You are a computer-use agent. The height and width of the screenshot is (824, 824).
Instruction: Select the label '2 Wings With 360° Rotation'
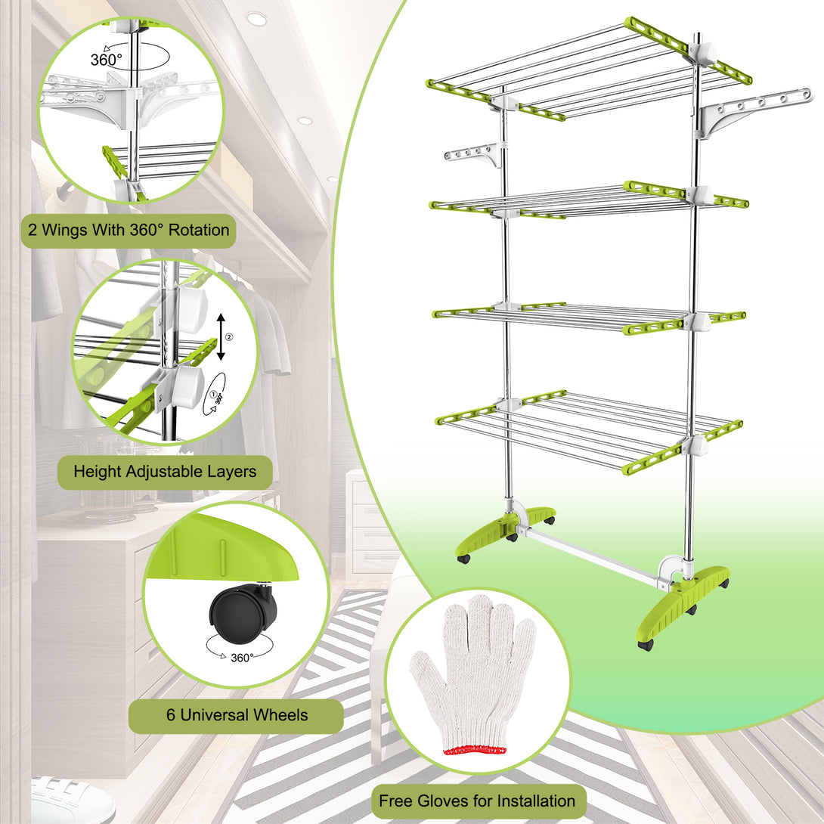click(129, 230)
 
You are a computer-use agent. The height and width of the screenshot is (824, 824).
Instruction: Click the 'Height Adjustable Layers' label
click(165, 472)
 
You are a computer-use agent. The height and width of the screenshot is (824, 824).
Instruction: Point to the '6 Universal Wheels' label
click(237, 715)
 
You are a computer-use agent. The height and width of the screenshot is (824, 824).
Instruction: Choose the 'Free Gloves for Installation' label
click(477, 801)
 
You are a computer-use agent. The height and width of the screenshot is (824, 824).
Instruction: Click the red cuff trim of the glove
click(475, 751)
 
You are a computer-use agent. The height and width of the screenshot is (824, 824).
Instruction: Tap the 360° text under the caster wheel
click(242, 658)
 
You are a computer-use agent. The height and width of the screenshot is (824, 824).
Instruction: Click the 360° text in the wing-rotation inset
click(106, 60)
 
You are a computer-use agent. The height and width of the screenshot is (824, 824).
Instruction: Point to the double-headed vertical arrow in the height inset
click(221, 337)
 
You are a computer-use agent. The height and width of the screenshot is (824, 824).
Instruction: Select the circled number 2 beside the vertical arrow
click(229, 337)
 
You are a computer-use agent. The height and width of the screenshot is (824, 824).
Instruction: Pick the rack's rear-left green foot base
click(503, 531)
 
